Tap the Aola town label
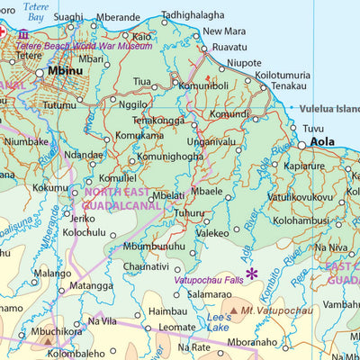321,141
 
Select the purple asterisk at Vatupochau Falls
252,274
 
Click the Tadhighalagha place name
193,15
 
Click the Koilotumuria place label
283,76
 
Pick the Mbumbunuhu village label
154,246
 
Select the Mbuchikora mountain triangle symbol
48,341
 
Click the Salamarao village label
210,294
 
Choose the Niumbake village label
26,141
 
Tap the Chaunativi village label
146,266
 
